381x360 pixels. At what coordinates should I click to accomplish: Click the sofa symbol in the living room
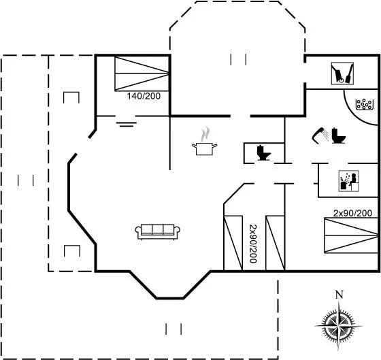coord(157,232)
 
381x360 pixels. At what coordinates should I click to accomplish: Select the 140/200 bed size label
coord(144,96)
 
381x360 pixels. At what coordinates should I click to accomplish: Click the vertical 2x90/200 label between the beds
coord(253,244)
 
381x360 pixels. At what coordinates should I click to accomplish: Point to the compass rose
coord(339,326)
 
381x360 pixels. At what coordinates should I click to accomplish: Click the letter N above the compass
coord(339,295)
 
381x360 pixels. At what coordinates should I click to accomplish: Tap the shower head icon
coord(320,135)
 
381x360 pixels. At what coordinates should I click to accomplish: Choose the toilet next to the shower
coord(339,135)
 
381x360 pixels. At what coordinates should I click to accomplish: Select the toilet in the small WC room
coord(264,152)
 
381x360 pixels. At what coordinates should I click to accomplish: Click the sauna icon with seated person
coord(349,181)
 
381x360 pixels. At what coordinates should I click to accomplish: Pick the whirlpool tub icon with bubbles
coord(364,105)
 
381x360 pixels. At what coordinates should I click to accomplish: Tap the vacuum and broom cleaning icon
coord(342,73)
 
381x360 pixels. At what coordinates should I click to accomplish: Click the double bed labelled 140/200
coord(142,73)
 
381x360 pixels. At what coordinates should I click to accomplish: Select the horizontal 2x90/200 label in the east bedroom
coord(352,213)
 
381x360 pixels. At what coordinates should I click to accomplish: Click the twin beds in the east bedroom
coord(351,235)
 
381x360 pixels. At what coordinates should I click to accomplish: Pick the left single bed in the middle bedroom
coord(233,243)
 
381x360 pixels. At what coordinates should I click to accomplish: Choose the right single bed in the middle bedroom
coord(275,243)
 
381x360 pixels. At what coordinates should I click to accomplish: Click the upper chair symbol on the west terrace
coord(71,97)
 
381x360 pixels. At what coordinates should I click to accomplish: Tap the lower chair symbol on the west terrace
coord(72,251)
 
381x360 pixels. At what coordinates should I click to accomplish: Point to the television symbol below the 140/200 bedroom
coord(127,125)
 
